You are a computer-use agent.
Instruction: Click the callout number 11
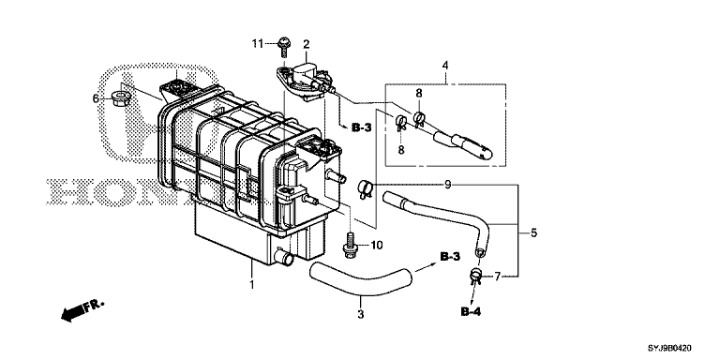click(x=257, y=44)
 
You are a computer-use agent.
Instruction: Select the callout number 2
click(x=307, y=44)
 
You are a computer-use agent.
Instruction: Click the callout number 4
click(x=445, y=66)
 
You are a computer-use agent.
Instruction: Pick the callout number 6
click(x=96, y=98)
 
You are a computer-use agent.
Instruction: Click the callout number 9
click(x=448, y=185)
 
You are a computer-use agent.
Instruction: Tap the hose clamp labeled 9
click(x=366, y=188)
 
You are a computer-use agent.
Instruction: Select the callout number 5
click(x=533, y=232)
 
